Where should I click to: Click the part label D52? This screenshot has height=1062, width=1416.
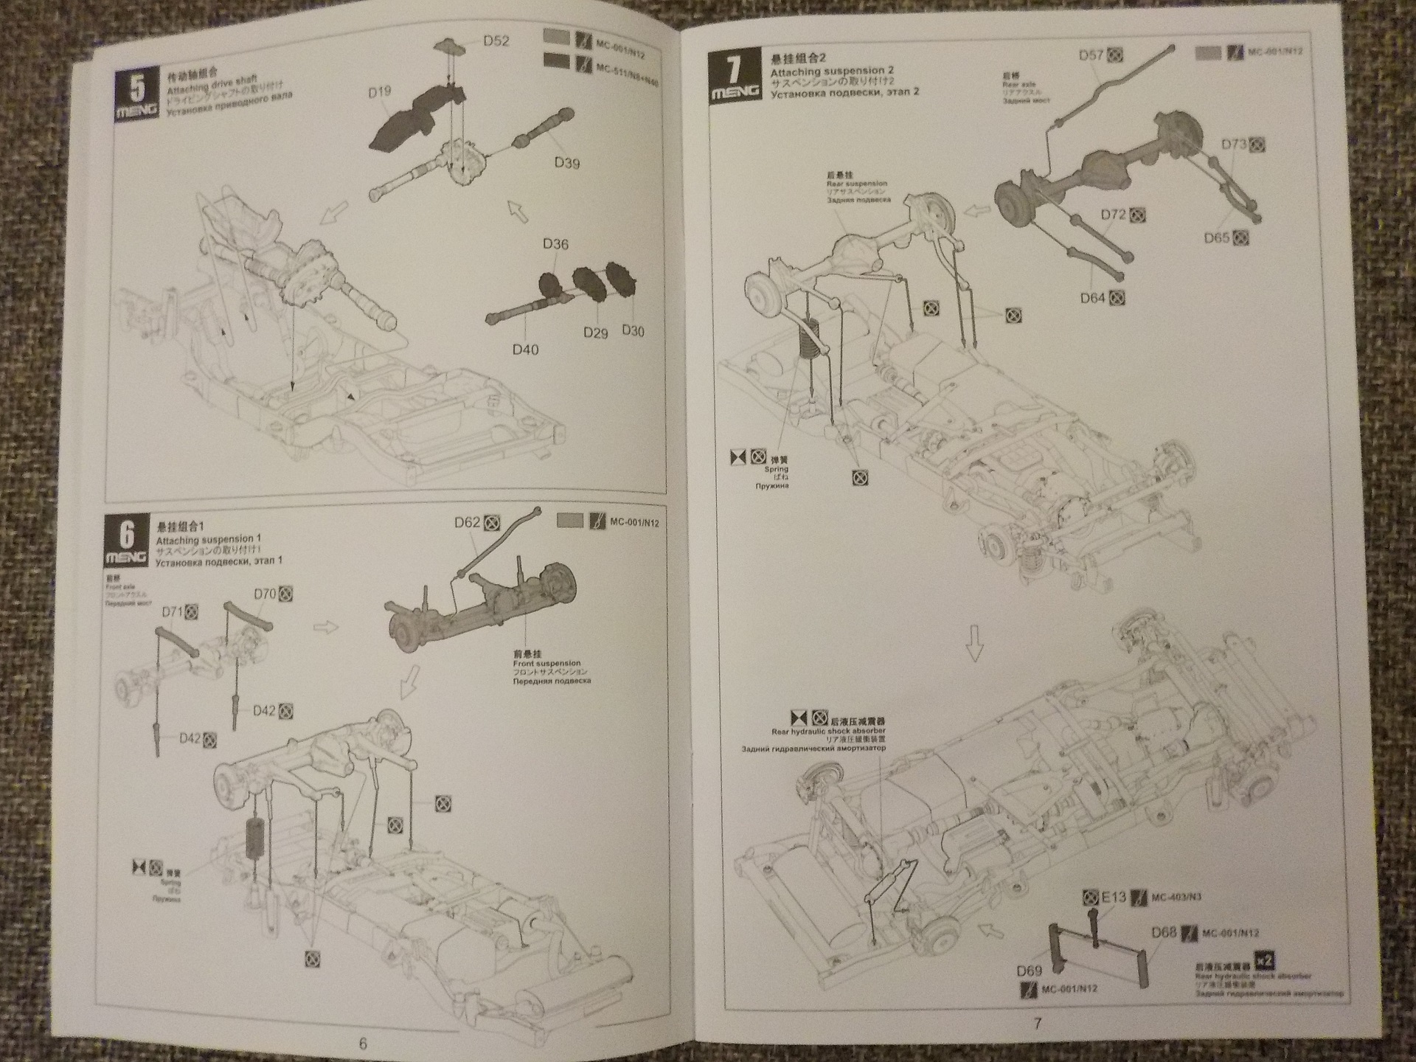pyautogui.click(x=496, y=41)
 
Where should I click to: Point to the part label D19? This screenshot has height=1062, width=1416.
pyautogui.click(x=379, y=92)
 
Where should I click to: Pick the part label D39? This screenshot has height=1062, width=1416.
pyautogui.click(x=566, y=163)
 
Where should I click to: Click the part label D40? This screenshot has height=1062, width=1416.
pyautogui.click(x=525, y=349)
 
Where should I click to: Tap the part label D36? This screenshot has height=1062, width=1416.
pyautogui.click(x=555, y=244)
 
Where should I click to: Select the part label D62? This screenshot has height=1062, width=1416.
pyautogui.click(x=468, y=523)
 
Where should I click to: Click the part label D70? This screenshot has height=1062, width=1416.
pyautogui.click(x=264, y=594)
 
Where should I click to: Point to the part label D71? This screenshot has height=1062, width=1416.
pyautogui.click(x=172, y=611)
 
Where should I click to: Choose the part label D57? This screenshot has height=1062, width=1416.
pyautogui.click(x=1091, y=55)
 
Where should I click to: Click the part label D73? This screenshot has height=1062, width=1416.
pyautogui.click(x=1233, y=145)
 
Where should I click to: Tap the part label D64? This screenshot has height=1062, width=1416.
pyautogui.click(x=1092, y=298)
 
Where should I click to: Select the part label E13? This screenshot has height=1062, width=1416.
pyautogui.click(x=1114, y=898)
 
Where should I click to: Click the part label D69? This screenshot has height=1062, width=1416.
pyautogui.click(x=1029, y=971)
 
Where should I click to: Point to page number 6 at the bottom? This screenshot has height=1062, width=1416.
pyautogui.click(x=362, y=1044)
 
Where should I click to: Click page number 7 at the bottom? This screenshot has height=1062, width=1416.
pyautogui.click(x=1038, y=1024)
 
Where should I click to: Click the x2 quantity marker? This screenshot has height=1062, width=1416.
pyautogui.click(x=1264, y=960)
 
